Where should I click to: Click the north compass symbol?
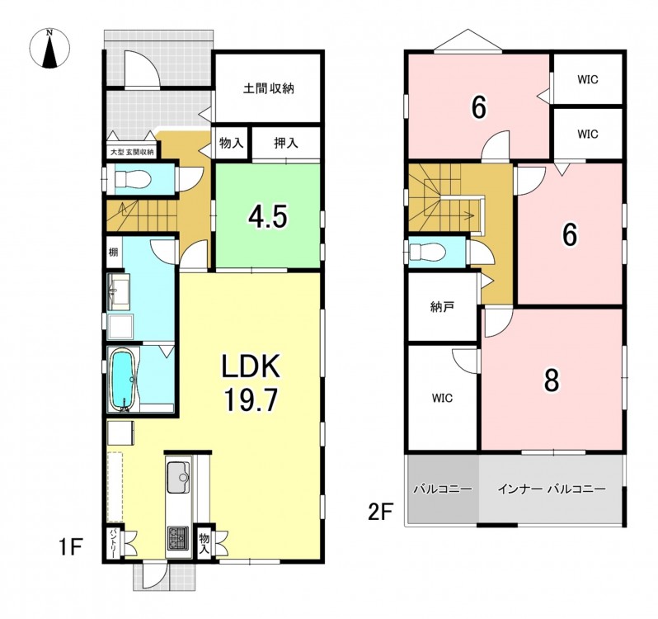(x=50, y=48)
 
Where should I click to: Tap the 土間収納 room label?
(x=269, y=88)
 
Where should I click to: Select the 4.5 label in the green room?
(x=268, y=217)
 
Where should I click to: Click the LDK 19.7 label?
(x=251, y=382)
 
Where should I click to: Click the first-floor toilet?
(x=132, y=180)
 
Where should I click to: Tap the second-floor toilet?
(x=427, y=253)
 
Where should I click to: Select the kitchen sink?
(x=179, y=477)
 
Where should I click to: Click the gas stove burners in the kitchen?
(x=178, y=537)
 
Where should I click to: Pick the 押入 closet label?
(x=286, y=144)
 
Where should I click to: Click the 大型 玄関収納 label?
(x=131, y=152)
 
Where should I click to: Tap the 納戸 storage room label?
(x=442, y=307)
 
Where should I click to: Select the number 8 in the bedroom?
(x=551, y=380)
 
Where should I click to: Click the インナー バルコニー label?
(x=552, y=489)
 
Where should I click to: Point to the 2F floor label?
(x=380, y=512)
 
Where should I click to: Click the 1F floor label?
(x=69, y=546)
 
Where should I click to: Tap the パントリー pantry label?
(x=113, y=544)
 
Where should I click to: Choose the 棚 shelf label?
(x=113, y=252)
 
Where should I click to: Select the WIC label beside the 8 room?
(x=442, y=398)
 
